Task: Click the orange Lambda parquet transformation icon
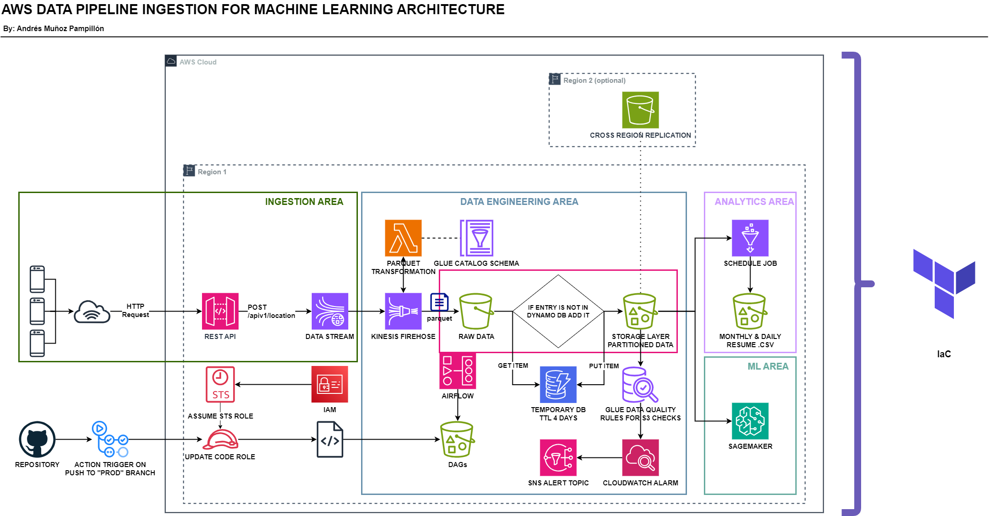coord(403,238)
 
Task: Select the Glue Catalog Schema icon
coord(476,238)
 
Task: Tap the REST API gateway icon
coord(220,311)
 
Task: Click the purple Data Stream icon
coord(330,311)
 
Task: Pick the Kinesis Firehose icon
coord(403,311)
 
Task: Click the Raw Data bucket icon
coord(476,311)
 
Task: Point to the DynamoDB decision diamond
coord(558,311)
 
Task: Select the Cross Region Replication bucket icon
coord(640,110)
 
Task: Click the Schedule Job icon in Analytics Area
coord(750,238)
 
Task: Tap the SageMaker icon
coord(750,421)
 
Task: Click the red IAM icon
coord(330,384)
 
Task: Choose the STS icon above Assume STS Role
coord(220,384)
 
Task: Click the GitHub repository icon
coord(37,439)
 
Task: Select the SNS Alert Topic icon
coord(558,457)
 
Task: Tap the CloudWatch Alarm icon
coord(640,457)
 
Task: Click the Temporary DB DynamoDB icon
coord(558,384)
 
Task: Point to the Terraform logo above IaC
coord(944,284)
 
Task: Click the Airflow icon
coord(458,371)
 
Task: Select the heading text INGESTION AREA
coord(304,202)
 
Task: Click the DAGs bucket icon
coord(457,440)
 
